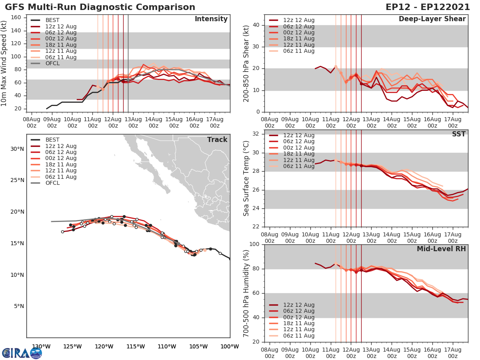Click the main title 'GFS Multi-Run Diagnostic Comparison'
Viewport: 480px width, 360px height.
[100, 7]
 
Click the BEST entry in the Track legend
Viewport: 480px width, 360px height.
[52, 140]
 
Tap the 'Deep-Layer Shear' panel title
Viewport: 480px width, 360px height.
[432, 19]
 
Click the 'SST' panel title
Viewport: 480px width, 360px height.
[458, 134]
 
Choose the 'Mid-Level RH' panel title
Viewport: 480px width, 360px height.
[441, 249]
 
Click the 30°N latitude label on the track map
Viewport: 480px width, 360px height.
[17, 149]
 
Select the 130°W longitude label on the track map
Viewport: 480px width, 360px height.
[41, 346]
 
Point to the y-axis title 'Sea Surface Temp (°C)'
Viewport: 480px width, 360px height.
[246, 178]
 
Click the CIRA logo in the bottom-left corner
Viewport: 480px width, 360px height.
[22, 353]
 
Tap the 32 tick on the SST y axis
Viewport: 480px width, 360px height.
[256, 134]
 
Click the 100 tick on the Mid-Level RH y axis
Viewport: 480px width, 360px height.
[254, 244]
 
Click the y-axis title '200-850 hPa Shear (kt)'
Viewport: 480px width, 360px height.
[246, 63]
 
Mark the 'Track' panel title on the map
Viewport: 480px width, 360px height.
[217, 140]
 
